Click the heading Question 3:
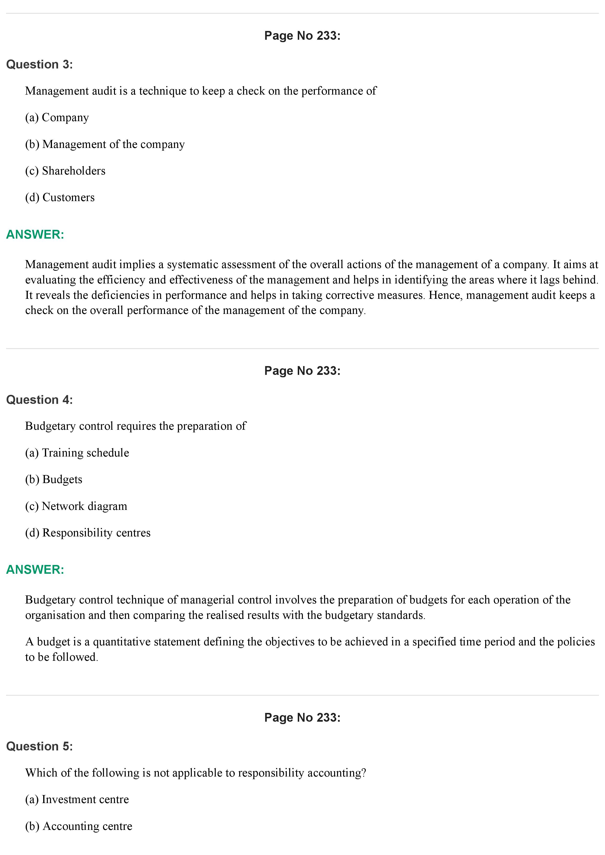[40, 64]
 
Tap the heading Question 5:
[40, 746]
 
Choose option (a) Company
[57, 118]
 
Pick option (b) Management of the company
[105, 145]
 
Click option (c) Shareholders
[65, 171]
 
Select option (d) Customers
[60, 197]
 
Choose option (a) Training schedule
[77, 453]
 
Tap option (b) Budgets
[54, 480]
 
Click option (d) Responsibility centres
[88, 533]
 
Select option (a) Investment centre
[77, 799]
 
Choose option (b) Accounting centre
[79, 826]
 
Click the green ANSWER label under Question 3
[35, 235]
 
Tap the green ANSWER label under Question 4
[35, 570]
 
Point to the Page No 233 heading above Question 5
[302, 718]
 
